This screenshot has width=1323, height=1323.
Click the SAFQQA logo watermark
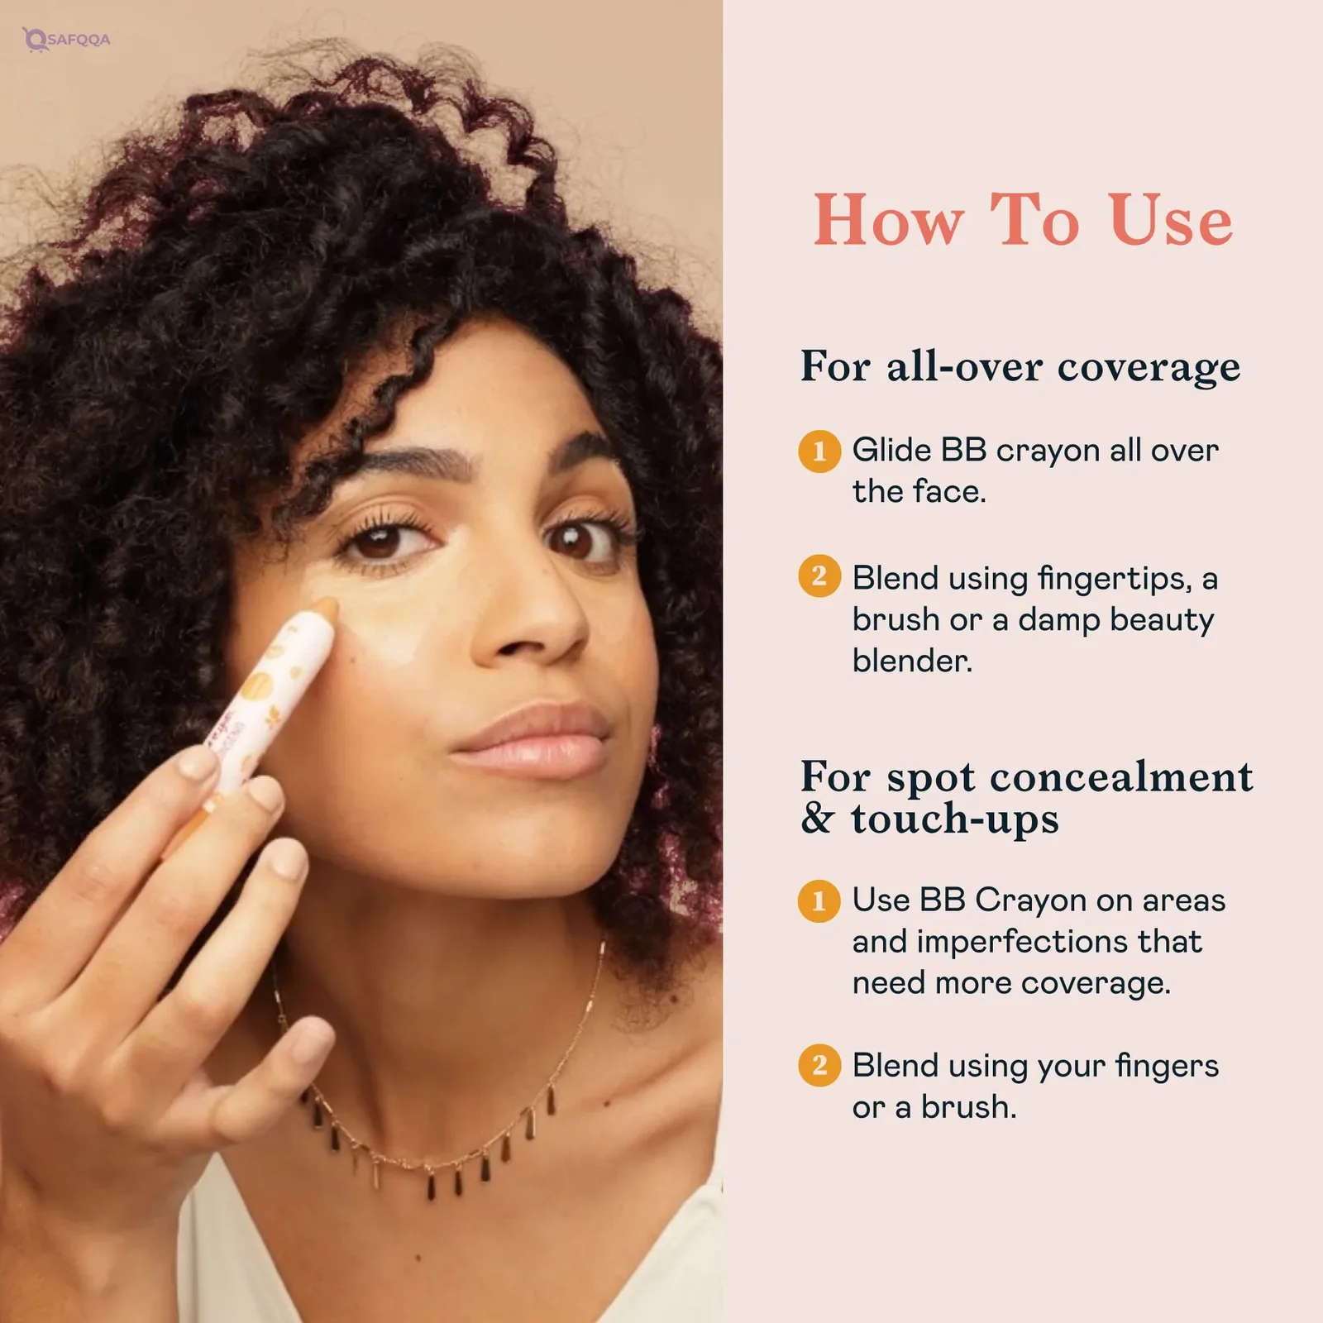click(x=66, y=39)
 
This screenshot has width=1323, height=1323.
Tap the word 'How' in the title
click(x=889, y=220)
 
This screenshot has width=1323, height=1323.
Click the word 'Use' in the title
click(x=1171, y=220)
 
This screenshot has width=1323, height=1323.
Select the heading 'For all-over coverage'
click(x=1020, y=365)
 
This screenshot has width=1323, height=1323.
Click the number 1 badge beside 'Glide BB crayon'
click(x=819, y=451)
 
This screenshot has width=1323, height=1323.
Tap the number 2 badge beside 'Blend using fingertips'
click(x=819, y=576)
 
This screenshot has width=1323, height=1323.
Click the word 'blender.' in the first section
click(x=912, y=661)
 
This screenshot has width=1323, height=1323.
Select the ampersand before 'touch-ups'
click(x=817, y=819)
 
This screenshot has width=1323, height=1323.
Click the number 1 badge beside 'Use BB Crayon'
click(x=819, y=900)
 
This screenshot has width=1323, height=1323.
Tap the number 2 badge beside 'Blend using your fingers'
click(x=819, y=1065)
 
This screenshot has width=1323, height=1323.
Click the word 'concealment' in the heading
click(x=1121, y=777)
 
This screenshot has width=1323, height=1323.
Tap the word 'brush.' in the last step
click(x=968, y=1107)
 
